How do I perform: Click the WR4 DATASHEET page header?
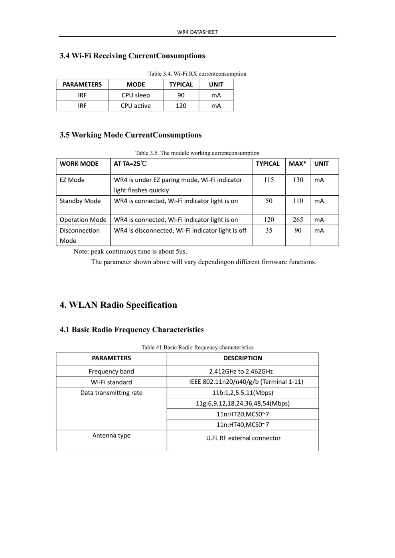click(x=197, y=32)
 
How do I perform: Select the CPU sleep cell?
click(x=136, y=95)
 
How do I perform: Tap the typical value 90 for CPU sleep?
click(x=181, y=95)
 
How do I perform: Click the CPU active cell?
click(x=136, y=106)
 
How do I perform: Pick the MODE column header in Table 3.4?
click(x=136, y=84)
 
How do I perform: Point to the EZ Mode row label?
click(x=72, y=180)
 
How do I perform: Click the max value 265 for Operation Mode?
click(x=298, y=220)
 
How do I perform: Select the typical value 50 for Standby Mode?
click(x=269, y=201)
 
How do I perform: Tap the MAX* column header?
click(x=298, y=164)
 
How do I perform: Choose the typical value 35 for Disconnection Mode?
click(x=269, y=230)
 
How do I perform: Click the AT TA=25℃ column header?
click(x=130, y=164)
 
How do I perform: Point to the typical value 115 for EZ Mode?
click(x=269, y=180)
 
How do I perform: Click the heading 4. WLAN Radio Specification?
click(x=118, y=305)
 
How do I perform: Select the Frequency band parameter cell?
click(x=111, y=371)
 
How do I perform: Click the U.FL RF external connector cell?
click(x=243, y=438)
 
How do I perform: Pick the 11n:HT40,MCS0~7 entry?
click(x=243, y=424)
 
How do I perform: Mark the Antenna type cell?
click(x=111, y=435)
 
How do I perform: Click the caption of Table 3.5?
click(x=197, y=153)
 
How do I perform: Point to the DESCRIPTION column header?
click(x=243, y=358)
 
